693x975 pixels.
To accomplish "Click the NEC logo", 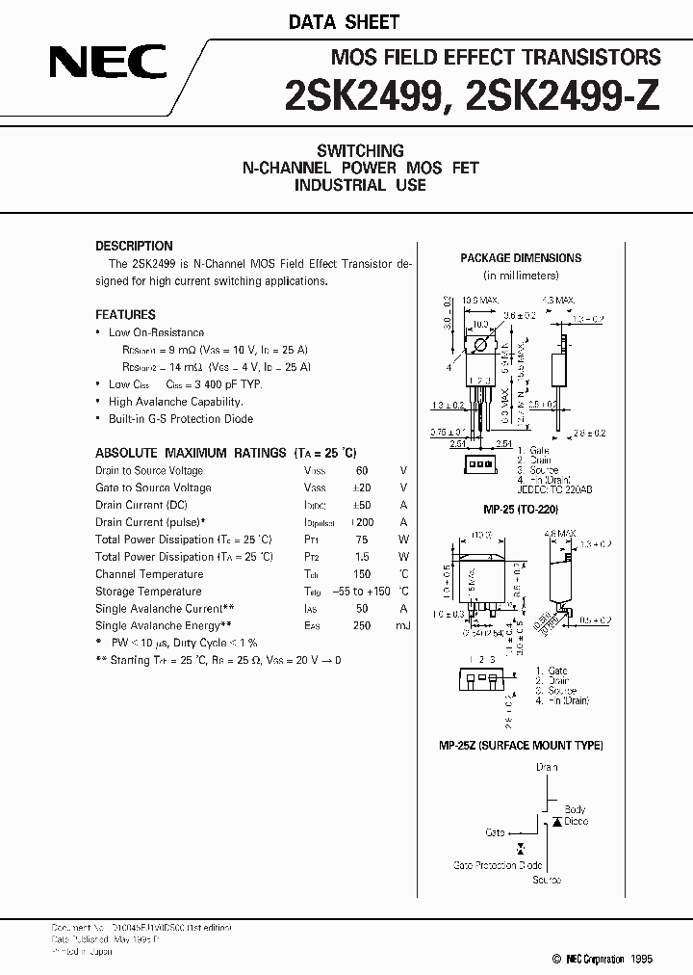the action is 109,65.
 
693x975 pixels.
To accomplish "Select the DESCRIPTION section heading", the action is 134,246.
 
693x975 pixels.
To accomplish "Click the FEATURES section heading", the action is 125,314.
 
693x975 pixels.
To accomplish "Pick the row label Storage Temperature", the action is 148,592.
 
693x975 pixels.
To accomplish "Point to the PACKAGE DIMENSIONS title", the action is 521,258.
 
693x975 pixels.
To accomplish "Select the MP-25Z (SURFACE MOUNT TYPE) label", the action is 521,746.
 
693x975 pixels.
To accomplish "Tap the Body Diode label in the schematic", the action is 575,816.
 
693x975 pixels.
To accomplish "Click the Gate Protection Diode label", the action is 498,865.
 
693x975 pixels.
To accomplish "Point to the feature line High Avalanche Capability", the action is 175,402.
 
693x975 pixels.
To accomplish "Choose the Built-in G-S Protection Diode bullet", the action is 181,419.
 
